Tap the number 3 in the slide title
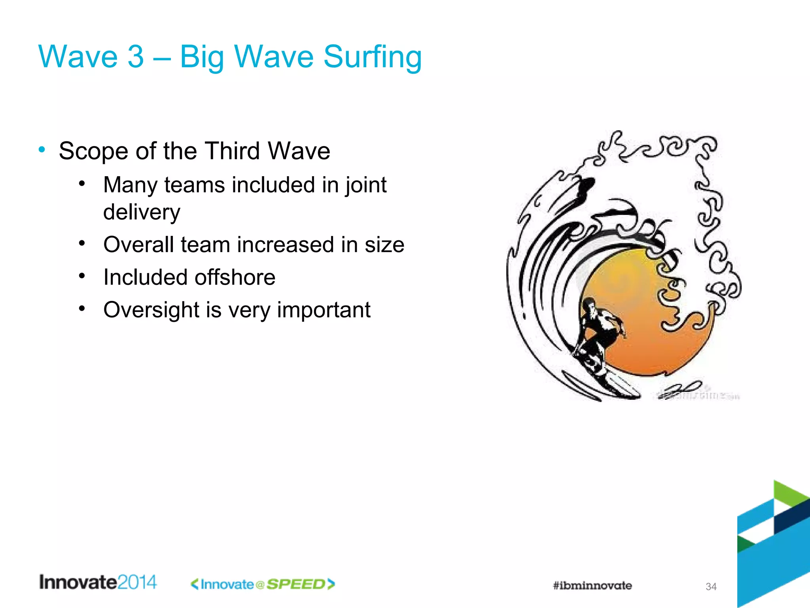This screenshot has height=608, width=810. pyautogui.click(x=135, y=57)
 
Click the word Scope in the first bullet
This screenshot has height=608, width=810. pyautogui.click(x=94, y=151)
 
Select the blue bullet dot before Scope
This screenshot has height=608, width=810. pyautogui.click(x=42, y=150)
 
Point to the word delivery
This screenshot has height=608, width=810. pyautogui.click(x=142, y=213)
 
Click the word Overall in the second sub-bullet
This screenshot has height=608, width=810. pyautogui.click(x=138, y=245)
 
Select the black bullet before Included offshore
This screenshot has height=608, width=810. pyautogui.click(x=82, y=275)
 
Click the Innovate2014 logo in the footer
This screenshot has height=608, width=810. pyautogui.click(x=98, y=582)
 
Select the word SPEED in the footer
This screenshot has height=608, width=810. pyautogui.click(x=296, y=584)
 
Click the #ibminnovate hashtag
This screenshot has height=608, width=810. pyautogui.click(x=592, y=585)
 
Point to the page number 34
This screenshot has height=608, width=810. pyautogui.click(x=711, y=587)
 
